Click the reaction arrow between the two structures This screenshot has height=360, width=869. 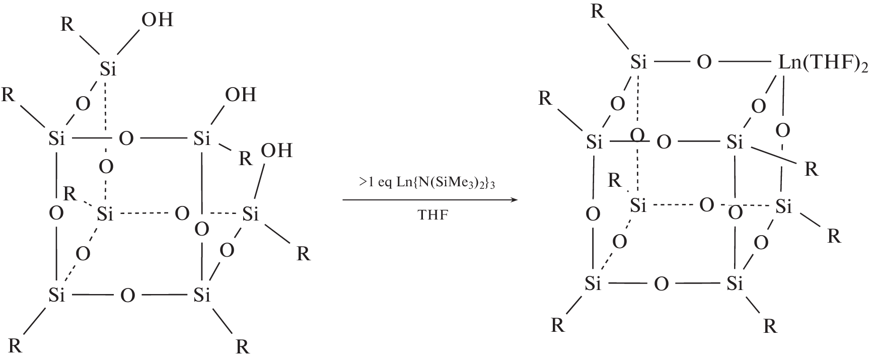[430, 200]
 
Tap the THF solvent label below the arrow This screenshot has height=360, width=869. [432, 215]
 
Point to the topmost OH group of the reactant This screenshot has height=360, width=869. [157, 20]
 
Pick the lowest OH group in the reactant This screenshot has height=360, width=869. [276, 151]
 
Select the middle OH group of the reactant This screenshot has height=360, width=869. [241, 94]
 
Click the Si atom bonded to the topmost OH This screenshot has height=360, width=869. [108, 68]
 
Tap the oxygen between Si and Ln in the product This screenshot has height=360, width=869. [704, 63]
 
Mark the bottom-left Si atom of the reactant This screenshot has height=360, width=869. [57, 295]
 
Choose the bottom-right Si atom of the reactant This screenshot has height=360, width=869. [201, 295]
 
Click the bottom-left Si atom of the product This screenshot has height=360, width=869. [593, 284]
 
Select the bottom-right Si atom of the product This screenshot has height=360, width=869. [735, 284]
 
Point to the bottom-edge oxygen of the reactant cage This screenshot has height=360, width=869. [127, 295]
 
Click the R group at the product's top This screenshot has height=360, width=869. [598, 11]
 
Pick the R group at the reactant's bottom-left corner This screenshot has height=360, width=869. [16, 346]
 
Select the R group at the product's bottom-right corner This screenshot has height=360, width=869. [770, 327]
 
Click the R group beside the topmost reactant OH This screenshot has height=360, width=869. [67, 24]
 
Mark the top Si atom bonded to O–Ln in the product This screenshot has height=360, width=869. [638, 63]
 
